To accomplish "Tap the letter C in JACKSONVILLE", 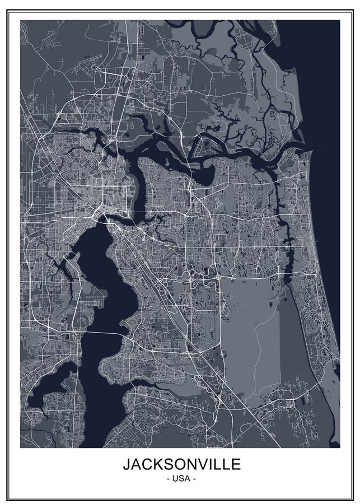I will tap(144, 464).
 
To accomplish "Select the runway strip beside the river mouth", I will tap(291, 162).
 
